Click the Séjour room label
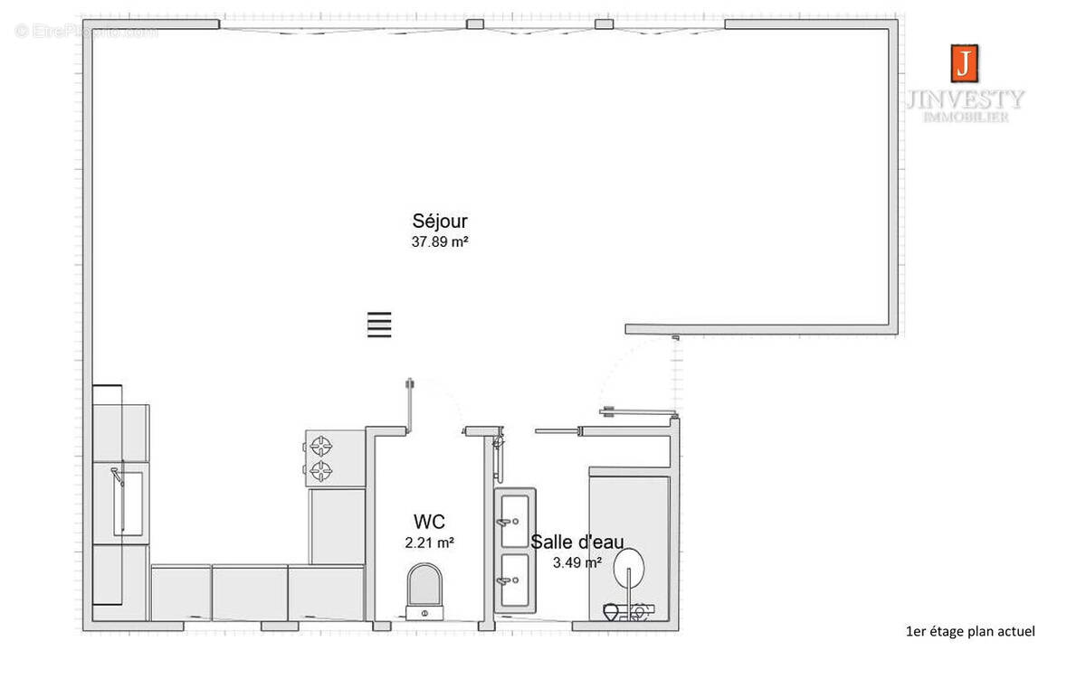(x=440, y=222)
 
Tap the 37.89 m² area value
(x=440, y=241)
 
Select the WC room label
(x=429, y=522)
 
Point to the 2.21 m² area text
(x=429, y=542)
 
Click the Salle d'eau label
(x=576, y=542)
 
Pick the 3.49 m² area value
(x=577, y=561)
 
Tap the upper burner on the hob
(x=319, y=445)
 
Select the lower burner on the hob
(x=319, y=470)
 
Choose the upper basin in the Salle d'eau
(x=515, y=519)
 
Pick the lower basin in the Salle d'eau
(x=515, y=581)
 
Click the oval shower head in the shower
(x=629, y=570)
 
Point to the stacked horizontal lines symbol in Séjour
(x=379, y=325)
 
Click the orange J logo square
(x=965, y=62)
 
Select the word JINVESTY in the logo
(x=965, y=99)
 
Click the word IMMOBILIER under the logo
(x=965, y=118)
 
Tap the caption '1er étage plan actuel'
(x=969, y=631)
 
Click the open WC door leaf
(x=410, y=404)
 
